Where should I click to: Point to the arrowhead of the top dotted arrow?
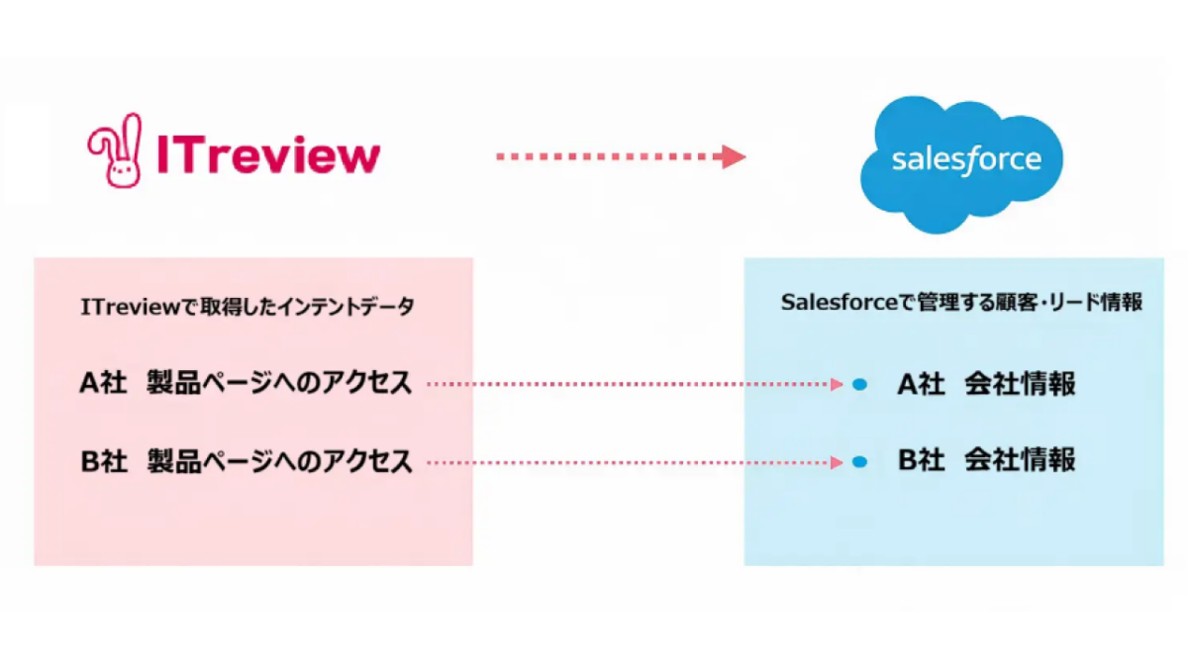tap(734, 156)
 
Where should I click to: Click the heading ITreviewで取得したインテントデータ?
tap(247, 307)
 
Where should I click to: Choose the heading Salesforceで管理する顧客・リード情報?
tap(961, 303)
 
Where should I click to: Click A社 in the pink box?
tap(104, 383)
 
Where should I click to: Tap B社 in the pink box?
tap(104, 461)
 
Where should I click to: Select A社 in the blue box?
tap(921, 384)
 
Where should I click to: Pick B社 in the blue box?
tap(921, 460)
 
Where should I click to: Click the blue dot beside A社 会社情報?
tap(859, 384)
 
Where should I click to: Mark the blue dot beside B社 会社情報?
tap(859, 461)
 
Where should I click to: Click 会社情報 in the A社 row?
tap(1020, 384)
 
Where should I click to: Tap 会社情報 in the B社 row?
tap(1020, 460)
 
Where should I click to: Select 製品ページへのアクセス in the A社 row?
tap(279, 383)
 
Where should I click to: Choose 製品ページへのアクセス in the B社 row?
tap(279, 461)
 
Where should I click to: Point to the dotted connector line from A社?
tap(634, 384)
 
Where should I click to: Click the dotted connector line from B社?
tap(634, 461)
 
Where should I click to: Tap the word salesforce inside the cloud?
tap(965, 160)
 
